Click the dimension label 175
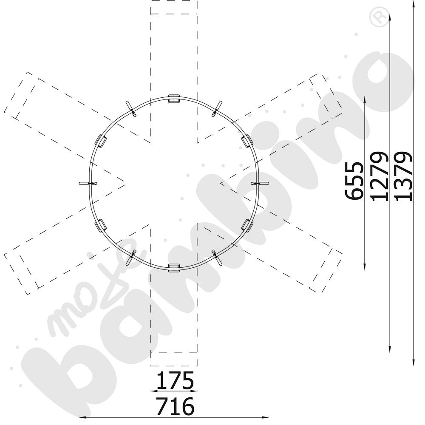[175, 380]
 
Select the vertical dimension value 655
[354, 181]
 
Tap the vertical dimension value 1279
[379, 176]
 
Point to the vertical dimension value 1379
[403, 176]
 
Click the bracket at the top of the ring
[174, 99]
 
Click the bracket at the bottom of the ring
[174, 267]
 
